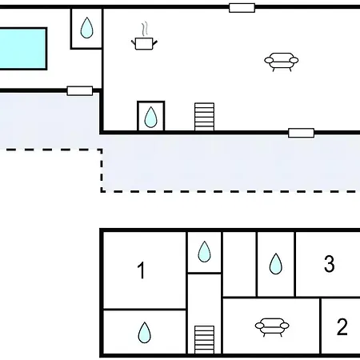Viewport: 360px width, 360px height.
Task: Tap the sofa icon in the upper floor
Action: tap(282, 62)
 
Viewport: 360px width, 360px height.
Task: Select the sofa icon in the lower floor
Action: tap(272, 326)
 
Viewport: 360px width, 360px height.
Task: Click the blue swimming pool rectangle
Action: tap(22, 49)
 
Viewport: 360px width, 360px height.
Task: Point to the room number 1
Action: tap(141, 270)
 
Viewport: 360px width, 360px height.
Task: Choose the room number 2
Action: tap(342, 327)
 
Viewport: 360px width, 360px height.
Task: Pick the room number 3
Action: tap(330, 264)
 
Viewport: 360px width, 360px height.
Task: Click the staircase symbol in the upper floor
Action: tap(204, 117)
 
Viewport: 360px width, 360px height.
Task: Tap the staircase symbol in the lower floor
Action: tap(204, 339)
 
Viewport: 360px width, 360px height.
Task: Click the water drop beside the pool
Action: tap(86, 28)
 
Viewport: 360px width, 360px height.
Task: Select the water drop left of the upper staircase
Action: tap(150, 117)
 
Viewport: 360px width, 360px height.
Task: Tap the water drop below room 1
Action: tap(145, 333)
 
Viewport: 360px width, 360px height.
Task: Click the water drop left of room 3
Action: tap(276, 264)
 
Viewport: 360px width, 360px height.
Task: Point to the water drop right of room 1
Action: tap(204, 252)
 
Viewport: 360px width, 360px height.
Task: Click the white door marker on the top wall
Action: tap(242, 8)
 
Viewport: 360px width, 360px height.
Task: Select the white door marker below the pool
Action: tap(80, 90)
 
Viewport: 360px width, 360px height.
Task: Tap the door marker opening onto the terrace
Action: tap(301, 133)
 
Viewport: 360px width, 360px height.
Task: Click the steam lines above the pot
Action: tap(144, 29)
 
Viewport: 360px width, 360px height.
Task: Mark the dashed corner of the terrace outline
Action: tap(102, 191)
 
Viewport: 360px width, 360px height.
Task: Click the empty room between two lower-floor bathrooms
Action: tap(239, 264)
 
